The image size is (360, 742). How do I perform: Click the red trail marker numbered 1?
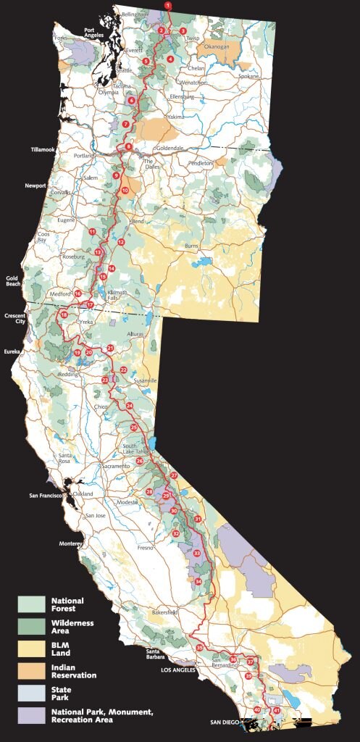pos(168,5)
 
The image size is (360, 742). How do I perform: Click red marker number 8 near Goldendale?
pos(129,147)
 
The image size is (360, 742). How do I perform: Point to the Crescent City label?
pos(15,319)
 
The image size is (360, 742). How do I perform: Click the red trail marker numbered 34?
pos(198,581)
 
